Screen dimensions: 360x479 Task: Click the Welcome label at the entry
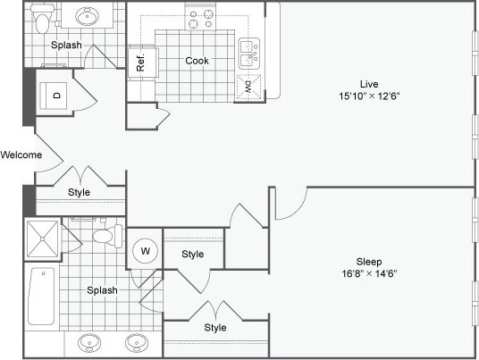coord(21,155)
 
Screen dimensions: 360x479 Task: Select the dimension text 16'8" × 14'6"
coord(368,273)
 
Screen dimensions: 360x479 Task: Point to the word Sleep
coord(368,261)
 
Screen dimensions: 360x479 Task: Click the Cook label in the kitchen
coord(197,62)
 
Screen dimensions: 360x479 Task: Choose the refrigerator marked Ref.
coord(141,63)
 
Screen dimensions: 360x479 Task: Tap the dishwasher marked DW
coord(248,87)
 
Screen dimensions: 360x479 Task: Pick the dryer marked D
coord(55,95)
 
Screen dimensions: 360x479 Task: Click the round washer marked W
coord(144,251)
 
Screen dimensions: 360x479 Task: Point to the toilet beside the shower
coord(106,237)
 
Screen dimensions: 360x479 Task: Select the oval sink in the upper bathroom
coord(88,16)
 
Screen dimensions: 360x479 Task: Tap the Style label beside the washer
coord(193,255)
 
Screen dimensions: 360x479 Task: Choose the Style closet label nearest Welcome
coord(80,192)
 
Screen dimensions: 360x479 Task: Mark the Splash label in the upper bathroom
coord(66,45)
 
